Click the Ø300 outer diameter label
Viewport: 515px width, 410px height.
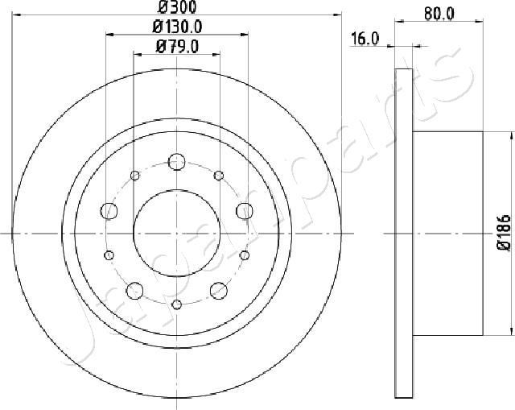click(x=177, y=9)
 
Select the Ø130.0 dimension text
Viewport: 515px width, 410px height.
click(x=176, y=27)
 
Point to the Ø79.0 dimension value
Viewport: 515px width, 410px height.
click(x=177, y=47)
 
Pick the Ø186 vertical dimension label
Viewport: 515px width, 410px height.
click(x=504, y=233)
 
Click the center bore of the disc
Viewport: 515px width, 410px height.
click(x=176, y=233)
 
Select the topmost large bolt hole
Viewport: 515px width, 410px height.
click(x=176, y=160)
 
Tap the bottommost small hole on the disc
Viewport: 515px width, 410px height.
click(x=176, y=304)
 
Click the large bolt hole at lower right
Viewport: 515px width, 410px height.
click(x=218, y=289)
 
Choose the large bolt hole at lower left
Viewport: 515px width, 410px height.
click(x=134, y=289)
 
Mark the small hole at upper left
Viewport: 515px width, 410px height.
click(x=135, y=176)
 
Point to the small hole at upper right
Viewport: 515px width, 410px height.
click(x=218, y=176)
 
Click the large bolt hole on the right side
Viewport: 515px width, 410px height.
click(x=244, y=211)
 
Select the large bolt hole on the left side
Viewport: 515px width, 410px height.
click(x=109, y=211)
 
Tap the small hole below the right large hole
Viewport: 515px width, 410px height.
click(x=244, y=254)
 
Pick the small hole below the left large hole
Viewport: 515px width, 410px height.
click(x=109, y=254)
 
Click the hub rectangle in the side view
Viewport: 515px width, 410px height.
click(x=447, y=233)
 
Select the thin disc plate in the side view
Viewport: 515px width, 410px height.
click(x=404, y=233)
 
